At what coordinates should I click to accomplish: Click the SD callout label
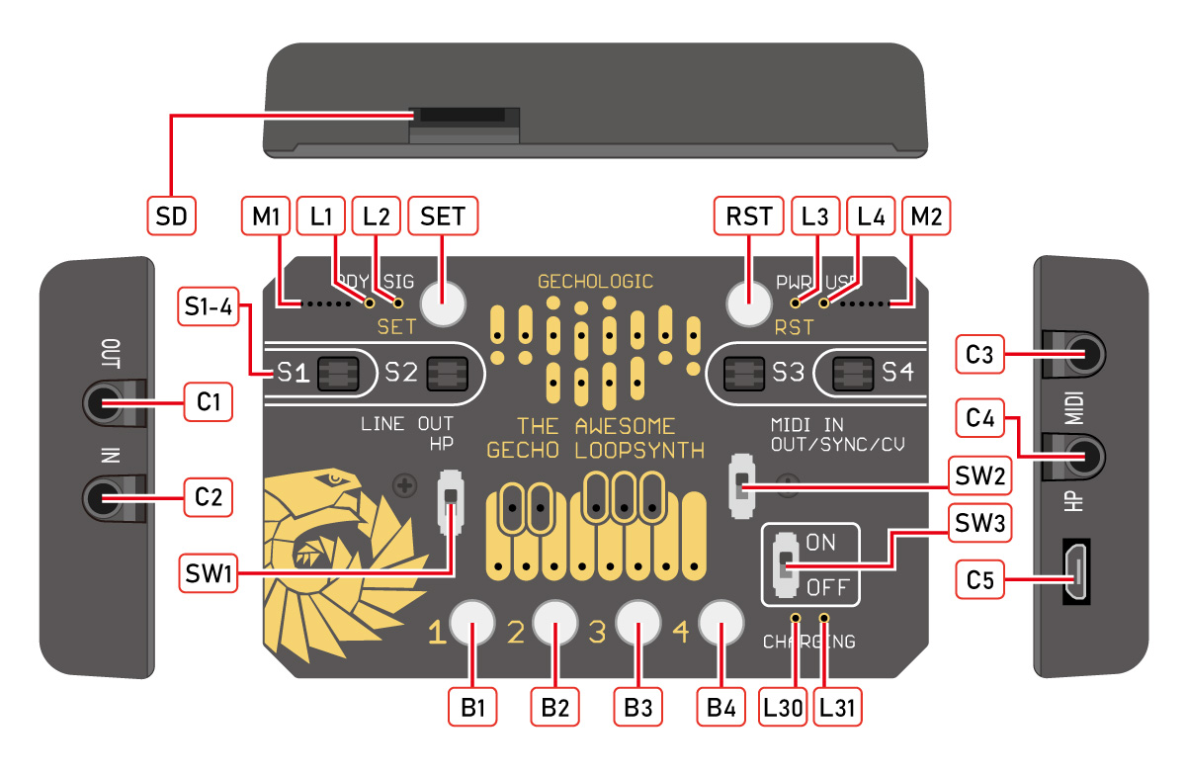[x=171, y=215]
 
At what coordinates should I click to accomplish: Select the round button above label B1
[x=472, y=623]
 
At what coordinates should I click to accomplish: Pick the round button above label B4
[x=721, y=623]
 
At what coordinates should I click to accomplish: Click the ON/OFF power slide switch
[x=785, y=565]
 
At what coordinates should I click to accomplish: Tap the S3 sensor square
[x=744, y=373]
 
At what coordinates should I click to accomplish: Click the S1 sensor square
[x=337, y=373]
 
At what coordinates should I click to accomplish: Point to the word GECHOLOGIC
[x=595, y=282]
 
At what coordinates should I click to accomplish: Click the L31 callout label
[x=836, y=708]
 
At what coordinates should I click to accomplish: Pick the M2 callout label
[x=928, y=215]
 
